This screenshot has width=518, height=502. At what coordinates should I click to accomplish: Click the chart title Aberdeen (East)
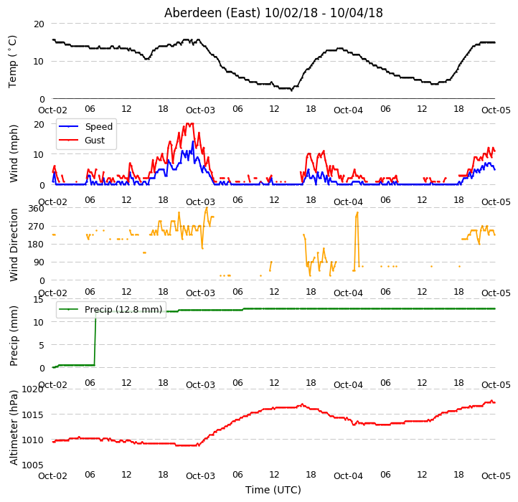click(212, 13)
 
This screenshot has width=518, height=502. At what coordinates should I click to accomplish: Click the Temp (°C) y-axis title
click(12, 62)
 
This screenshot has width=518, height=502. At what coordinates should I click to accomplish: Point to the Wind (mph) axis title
click(13, 153)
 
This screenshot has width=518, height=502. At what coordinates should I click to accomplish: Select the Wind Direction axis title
click(13, 245)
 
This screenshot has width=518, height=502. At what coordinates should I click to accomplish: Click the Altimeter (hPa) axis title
click(13, 427)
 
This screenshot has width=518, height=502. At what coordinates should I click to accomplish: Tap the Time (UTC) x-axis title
click(273, 489)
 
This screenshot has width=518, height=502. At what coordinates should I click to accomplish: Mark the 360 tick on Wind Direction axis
click(37, 209)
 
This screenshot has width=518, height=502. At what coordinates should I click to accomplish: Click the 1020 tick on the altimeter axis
click(32, 389)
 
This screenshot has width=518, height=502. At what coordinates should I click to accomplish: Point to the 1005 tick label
click(32, 465)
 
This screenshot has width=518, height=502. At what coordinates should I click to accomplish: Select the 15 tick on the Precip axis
click(38, 300)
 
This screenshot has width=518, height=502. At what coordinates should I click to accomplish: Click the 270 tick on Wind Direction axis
click(37, 227)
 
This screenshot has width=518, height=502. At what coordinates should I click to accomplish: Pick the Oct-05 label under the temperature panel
click(496, 110)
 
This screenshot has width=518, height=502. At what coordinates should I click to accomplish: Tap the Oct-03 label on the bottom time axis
click(200, 475)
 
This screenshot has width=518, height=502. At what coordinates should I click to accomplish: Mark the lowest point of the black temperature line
click(291, 90)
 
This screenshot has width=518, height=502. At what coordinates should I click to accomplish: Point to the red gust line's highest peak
click(189, 124)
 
